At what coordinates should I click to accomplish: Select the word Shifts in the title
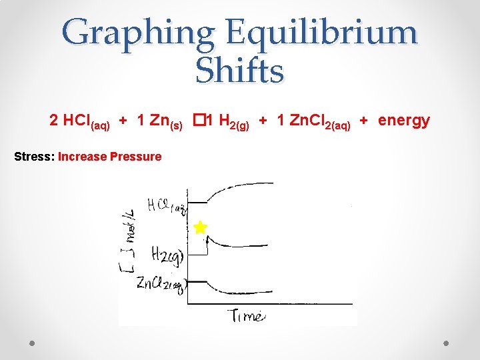coord(240,71)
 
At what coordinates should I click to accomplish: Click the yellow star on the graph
coord(200,227)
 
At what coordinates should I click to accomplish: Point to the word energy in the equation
coord(404,120)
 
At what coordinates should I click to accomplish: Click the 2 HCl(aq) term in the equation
coord(79,122)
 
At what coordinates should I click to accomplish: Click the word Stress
coord(34,157)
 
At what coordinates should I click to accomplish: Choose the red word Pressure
coord(134,157)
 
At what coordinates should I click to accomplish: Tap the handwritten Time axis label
coord(247,315)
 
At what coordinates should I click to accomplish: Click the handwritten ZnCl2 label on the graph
coord(161,284)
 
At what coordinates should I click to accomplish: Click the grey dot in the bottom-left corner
coord(32,343)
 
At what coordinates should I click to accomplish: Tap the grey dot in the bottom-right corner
coord(447,343)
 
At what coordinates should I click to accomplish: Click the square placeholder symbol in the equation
coord(198,120)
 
